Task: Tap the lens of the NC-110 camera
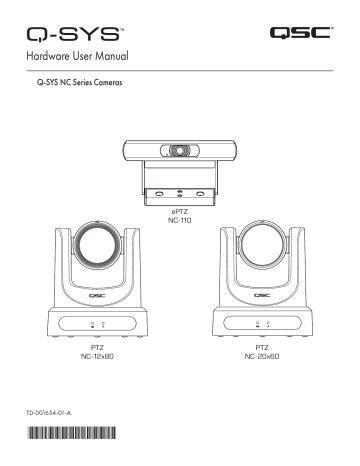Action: click(181, 151)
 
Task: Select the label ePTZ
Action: click(181, 214)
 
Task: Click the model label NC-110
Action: click(181, 223)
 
